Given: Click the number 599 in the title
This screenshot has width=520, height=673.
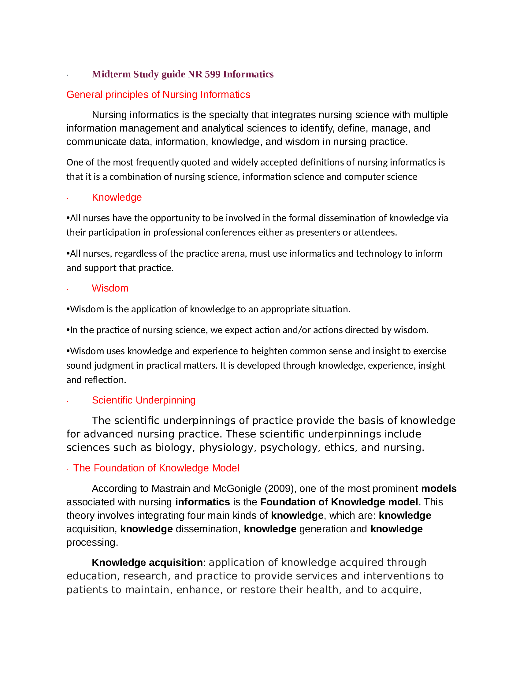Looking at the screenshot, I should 213,74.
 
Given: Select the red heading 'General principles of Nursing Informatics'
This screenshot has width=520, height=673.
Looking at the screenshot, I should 158,95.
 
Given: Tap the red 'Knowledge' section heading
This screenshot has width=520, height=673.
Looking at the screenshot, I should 117,197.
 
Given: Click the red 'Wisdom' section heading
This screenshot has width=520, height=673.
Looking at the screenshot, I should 110,288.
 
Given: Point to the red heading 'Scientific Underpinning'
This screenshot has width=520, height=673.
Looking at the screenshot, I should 143,400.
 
